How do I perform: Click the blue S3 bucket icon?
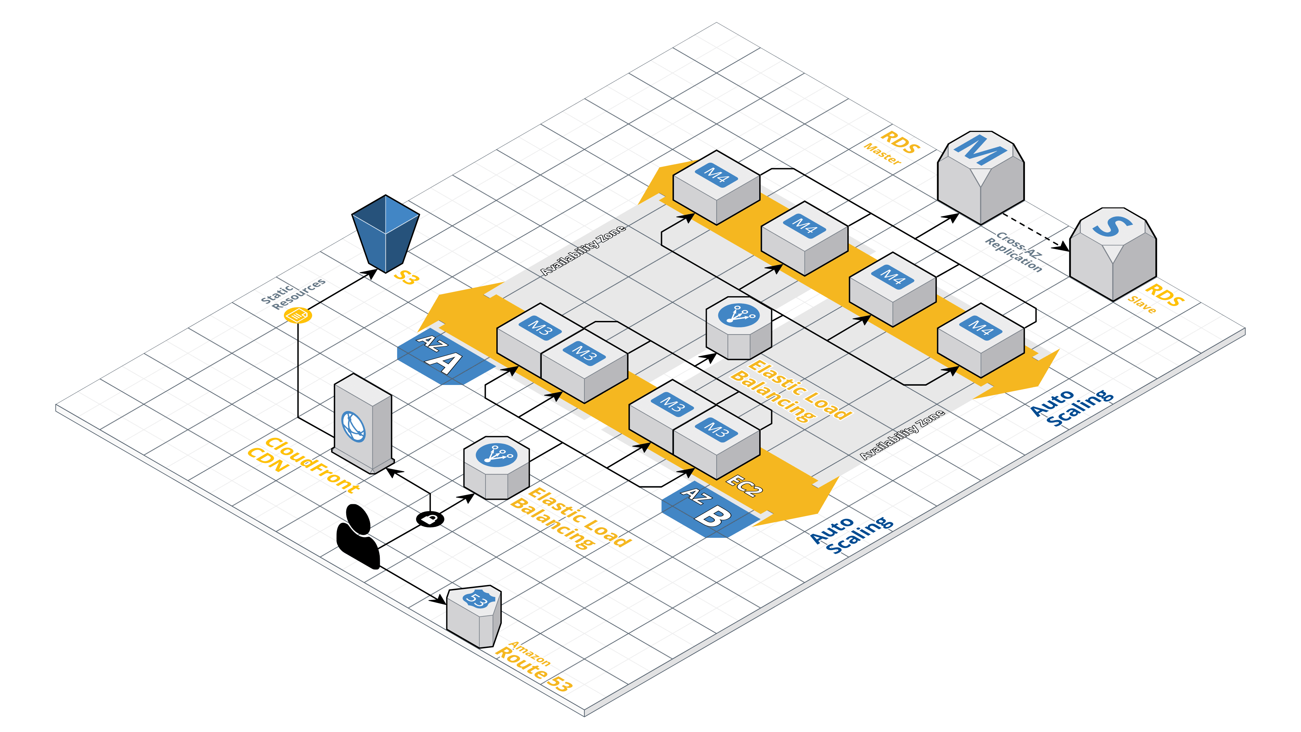point(385,233)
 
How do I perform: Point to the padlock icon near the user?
point(430,519)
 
